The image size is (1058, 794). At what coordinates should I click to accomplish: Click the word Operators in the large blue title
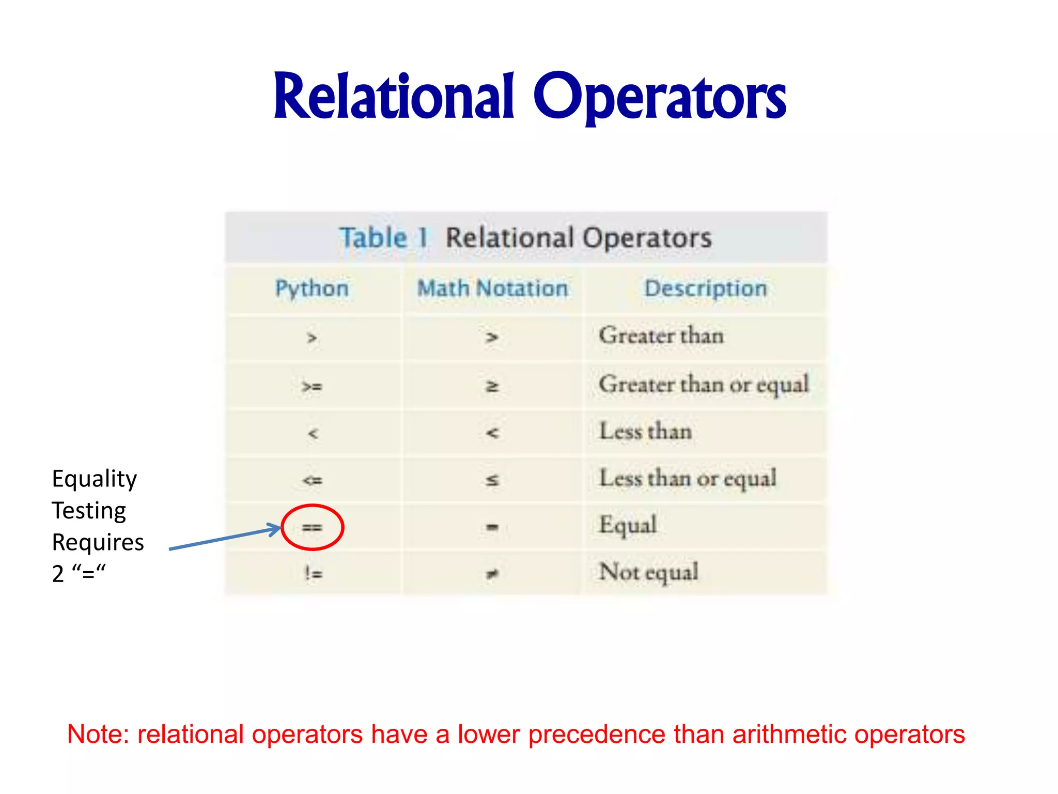659,98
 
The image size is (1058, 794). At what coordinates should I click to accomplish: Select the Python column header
312,288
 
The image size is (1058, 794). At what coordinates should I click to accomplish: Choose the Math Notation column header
492,288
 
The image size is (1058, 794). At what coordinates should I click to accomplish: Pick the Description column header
705,288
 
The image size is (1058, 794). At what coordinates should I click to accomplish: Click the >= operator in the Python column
312,386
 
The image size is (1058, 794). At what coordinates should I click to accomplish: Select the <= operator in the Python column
313,480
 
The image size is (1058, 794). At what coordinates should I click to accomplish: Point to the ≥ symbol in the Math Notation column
492,386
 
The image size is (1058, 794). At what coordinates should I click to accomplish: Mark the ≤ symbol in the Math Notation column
492,480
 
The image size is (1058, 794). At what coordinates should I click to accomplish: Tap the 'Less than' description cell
645,431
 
